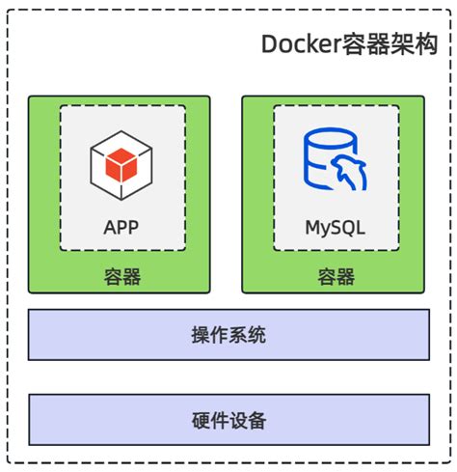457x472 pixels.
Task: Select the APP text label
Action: point(122,228)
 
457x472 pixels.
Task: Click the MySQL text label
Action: point(336,228)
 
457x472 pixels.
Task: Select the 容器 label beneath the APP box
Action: point(122,277)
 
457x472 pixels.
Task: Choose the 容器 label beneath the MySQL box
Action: point(336,277)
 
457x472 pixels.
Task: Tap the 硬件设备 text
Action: point(228,420)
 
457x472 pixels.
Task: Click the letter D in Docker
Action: point(270,45)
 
